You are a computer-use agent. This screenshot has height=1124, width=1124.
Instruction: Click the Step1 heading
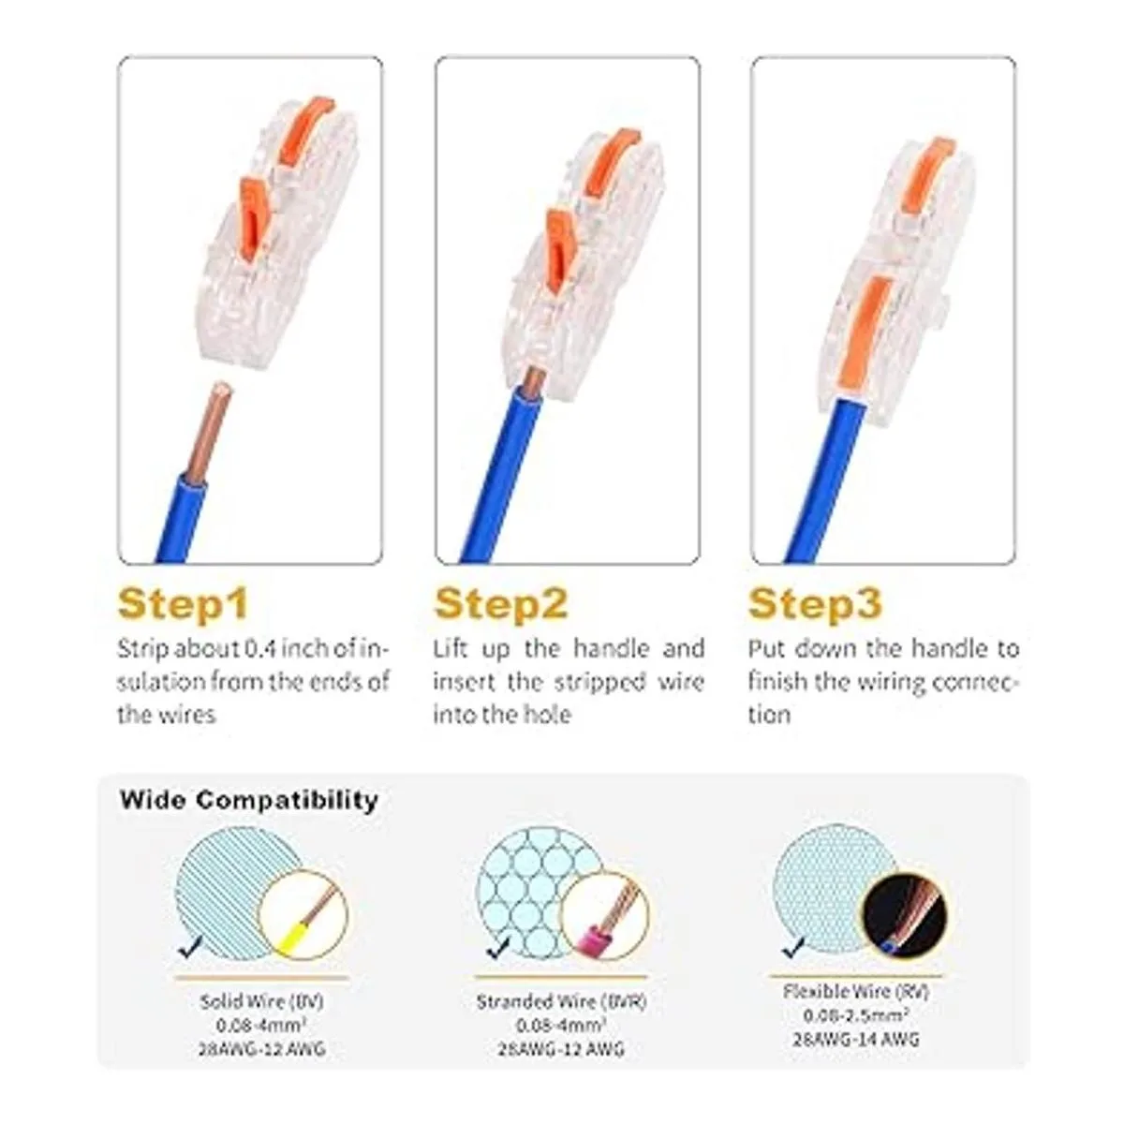(x=183, y=604)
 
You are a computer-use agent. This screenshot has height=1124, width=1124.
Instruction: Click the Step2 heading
(x=500, y=604)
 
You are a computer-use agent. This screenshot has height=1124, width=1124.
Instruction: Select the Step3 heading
(x=815, y=604)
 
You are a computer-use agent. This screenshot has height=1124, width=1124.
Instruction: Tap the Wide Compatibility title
(x=249, y=800)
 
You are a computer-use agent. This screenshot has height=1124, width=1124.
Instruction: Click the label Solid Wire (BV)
(x=262, y=1002)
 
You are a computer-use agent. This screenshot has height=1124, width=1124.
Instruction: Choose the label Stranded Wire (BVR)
(x=562, y=1002)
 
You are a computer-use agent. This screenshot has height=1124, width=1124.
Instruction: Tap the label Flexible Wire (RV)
(x=856, y=991)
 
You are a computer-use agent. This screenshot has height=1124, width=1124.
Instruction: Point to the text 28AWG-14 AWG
(x=856, y=1039)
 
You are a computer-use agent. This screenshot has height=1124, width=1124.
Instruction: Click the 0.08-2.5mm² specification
(x=856, y=1015)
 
